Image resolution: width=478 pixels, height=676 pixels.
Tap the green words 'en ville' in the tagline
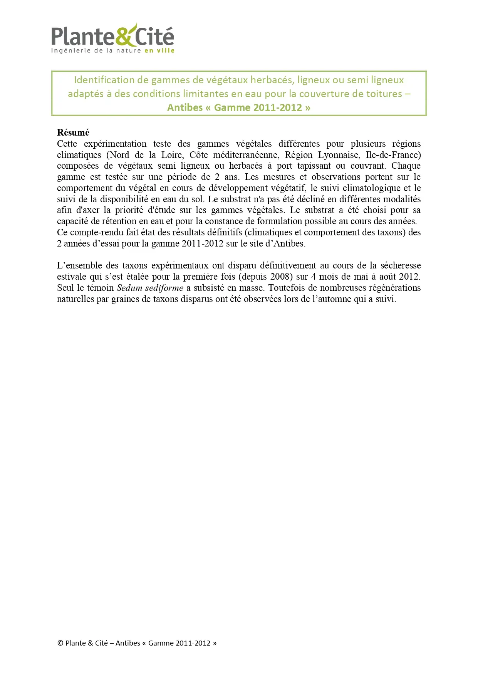click(x=159, y=50)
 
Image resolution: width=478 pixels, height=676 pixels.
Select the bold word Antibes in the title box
click(x=185, y=107)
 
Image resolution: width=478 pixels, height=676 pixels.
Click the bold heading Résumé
click(x=73, y=133)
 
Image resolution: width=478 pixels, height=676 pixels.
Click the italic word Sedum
click(x=129, y=288)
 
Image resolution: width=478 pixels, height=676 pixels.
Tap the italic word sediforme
click(x=164, y=288)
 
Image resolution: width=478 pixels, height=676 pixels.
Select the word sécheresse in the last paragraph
click(x=401, y=265)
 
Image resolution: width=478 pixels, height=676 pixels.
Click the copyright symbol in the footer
click(x=60, y=643)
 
